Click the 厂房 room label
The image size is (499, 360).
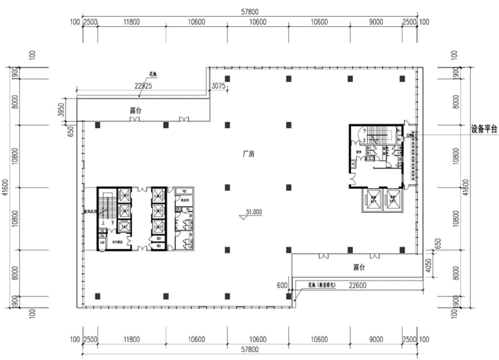click(246, 154)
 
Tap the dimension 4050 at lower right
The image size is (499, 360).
click(429, 266)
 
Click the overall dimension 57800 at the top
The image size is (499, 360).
click(249, 12)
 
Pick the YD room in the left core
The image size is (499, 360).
click(184, 191)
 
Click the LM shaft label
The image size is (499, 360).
click(103, 243)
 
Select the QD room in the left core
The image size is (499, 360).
click(159, 238)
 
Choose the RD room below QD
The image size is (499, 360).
click(159, 246)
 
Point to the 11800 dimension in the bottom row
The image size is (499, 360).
click(131, 340)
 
